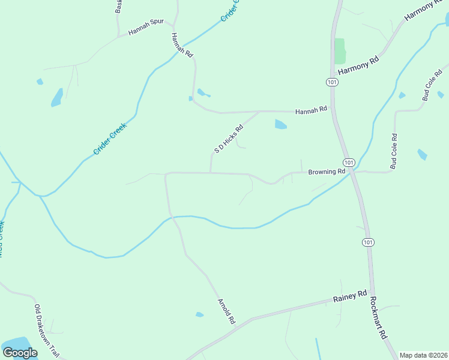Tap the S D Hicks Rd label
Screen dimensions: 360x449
(x=229, y=139)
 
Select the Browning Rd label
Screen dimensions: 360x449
(x=327, y=172)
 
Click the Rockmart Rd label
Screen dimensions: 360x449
(x=378, y=318)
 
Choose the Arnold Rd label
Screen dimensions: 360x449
(x=225, y=311)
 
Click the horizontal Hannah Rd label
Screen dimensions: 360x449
(x=311, y=110)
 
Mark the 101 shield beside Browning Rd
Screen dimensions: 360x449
(x=349, y=163)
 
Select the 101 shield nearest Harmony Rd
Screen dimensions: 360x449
(x=332, y=82)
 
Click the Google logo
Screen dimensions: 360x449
(x=20, y=352)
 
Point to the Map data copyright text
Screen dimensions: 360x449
(x=423, y=355)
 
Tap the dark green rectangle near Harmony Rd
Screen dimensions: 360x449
(x=340, y=52)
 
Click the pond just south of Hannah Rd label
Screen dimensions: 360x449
(x=280, y=125)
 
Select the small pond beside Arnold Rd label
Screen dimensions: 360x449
(x=199, y=314)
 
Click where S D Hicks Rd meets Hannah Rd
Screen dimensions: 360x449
(x=259, y=112)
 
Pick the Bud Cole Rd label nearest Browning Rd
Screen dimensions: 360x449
(x=394, y=151)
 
